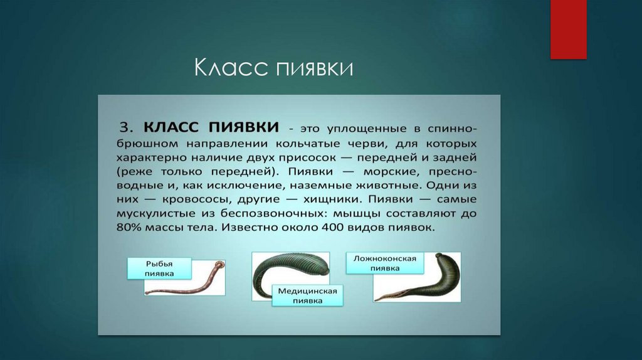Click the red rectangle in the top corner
[568, 29]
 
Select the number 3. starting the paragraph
[126, 127]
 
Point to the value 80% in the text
[130, 229]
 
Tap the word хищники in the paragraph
[330, 199]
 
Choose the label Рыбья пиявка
[150, 268]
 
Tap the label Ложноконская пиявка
[384, 262]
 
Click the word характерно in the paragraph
[150, 156]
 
